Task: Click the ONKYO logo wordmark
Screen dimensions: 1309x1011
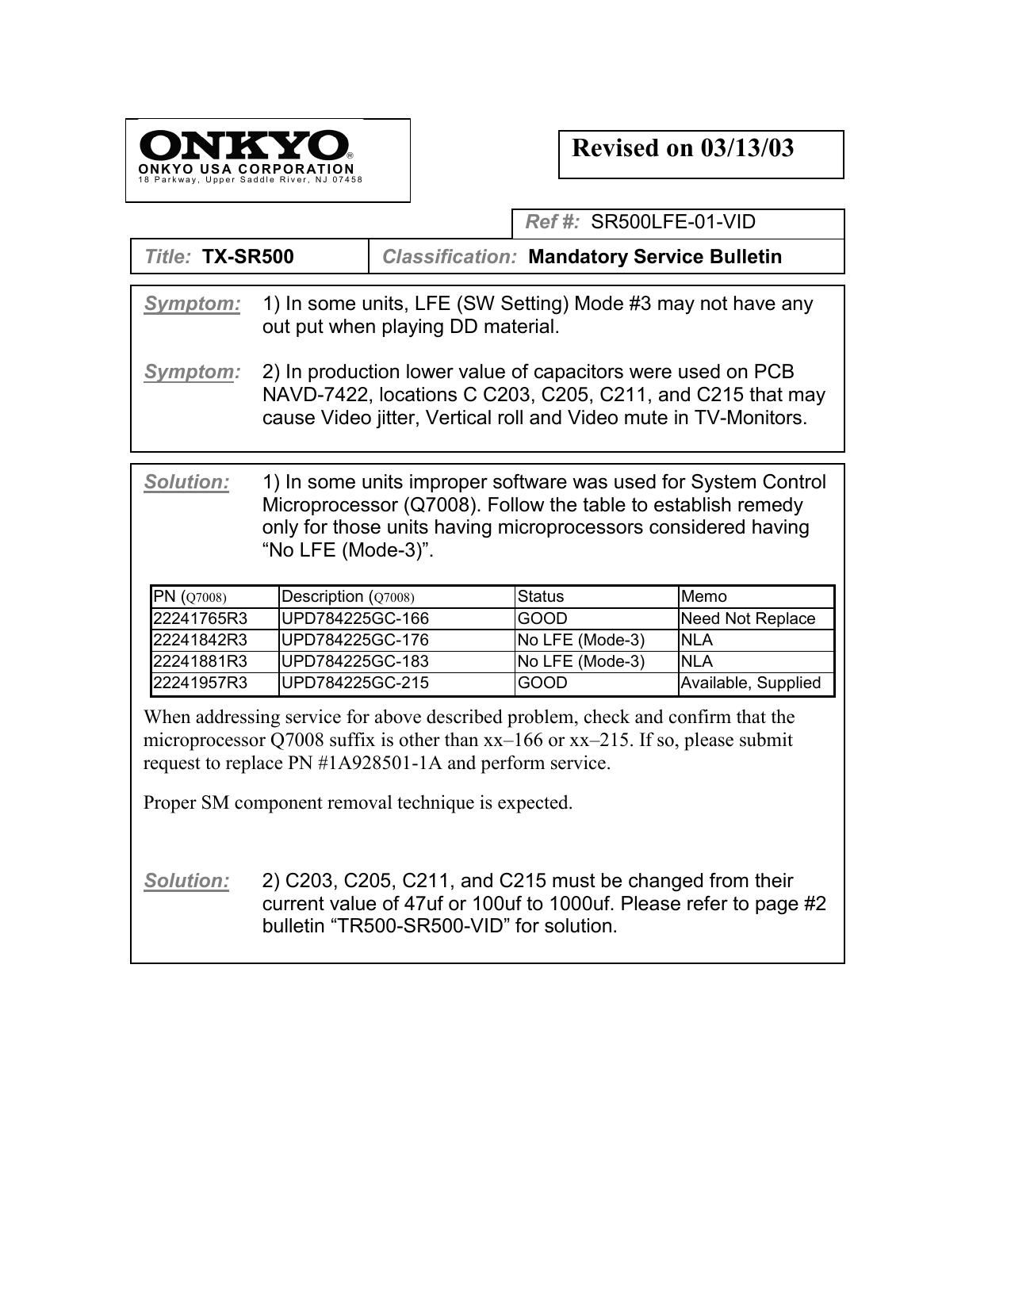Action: pos(245,146)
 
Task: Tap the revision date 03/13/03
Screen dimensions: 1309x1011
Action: pos(747,148)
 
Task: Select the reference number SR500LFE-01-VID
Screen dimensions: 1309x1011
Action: pos(673,222)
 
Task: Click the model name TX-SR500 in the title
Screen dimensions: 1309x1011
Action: pos(248,257)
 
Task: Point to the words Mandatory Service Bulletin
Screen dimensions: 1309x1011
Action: pos(655,257)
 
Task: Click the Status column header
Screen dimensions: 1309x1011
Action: pos(541,596)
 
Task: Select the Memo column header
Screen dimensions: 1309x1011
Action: pos(704,596)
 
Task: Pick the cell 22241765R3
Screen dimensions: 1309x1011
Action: pos(200,618)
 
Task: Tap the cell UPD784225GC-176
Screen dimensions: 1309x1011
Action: pos(355,640)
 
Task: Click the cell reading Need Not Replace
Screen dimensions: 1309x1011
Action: pos(748,618)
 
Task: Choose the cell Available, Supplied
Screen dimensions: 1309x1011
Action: pos(751,683)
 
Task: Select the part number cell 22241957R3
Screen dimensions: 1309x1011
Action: pos(200,683)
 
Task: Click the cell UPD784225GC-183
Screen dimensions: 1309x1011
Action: pos(355,661)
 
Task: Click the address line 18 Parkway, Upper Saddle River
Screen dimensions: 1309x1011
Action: pos(251,180)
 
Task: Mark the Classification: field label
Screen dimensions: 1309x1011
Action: pos(450,257)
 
